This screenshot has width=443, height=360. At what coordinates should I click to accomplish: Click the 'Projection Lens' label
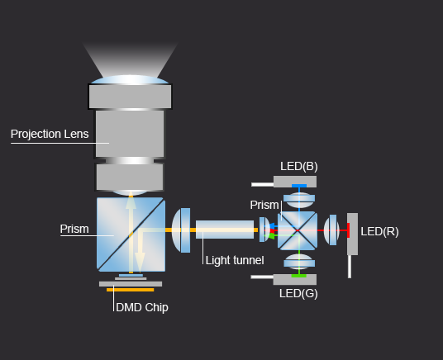(x=50, y=134)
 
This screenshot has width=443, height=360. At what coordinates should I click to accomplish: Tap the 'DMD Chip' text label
(x=142, y=307)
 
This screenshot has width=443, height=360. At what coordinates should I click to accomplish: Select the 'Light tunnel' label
(x=235, y=260)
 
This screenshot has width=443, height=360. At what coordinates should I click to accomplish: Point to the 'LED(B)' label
(x=299, y=166)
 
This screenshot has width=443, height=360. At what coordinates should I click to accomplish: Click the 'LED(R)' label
(x=379, y=231)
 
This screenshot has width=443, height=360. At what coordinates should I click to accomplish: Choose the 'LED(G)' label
(x=298, y=293)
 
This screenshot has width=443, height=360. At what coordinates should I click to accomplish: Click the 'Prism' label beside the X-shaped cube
(x=264, y=205)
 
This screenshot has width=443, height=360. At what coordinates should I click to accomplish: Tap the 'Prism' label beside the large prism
(x=74, y=229)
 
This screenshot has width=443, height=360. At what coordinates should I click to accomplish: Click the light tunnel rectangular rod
(x=225, y=230)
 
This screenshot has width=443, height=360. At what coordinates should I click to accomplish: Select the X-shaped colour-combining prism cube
(x=298, y=230)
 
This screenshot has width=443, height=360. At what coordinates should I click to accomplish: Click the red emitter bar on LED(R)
(x=348, y=230)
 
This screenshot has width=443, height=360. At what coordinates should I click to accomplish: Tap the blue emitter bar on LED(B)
(x=299, y=186)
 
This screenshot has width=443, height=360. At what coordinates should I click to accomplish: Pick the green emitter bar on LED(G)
(x=299, y=276)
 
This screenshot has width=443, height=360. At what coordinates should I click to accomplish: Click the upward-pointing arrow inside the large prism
(x=131, y=232)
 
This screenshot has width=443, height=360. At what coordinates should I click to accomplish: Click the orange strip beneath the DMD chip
(x=131, y=290)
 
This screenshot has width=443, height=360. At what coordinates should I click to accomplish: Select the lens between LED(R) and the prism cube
(x=331, y=230)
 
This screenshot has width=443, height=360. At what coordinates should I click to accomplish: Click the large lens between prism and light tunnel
(x=181, y=230)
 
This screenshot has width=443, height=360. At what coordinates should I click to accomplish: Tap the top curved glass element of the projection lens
(x=130, y=79)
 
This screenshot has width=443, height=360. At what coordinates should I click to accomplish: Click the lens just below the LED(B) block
(x=299, y=200)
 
